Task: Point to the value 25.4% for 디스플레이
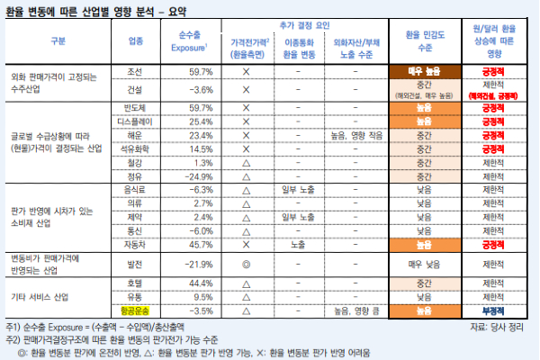tap(195, 121)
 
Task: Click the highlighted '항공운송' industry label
tap(135, 310)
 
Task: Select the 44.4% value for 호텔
tap(195, 283)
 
